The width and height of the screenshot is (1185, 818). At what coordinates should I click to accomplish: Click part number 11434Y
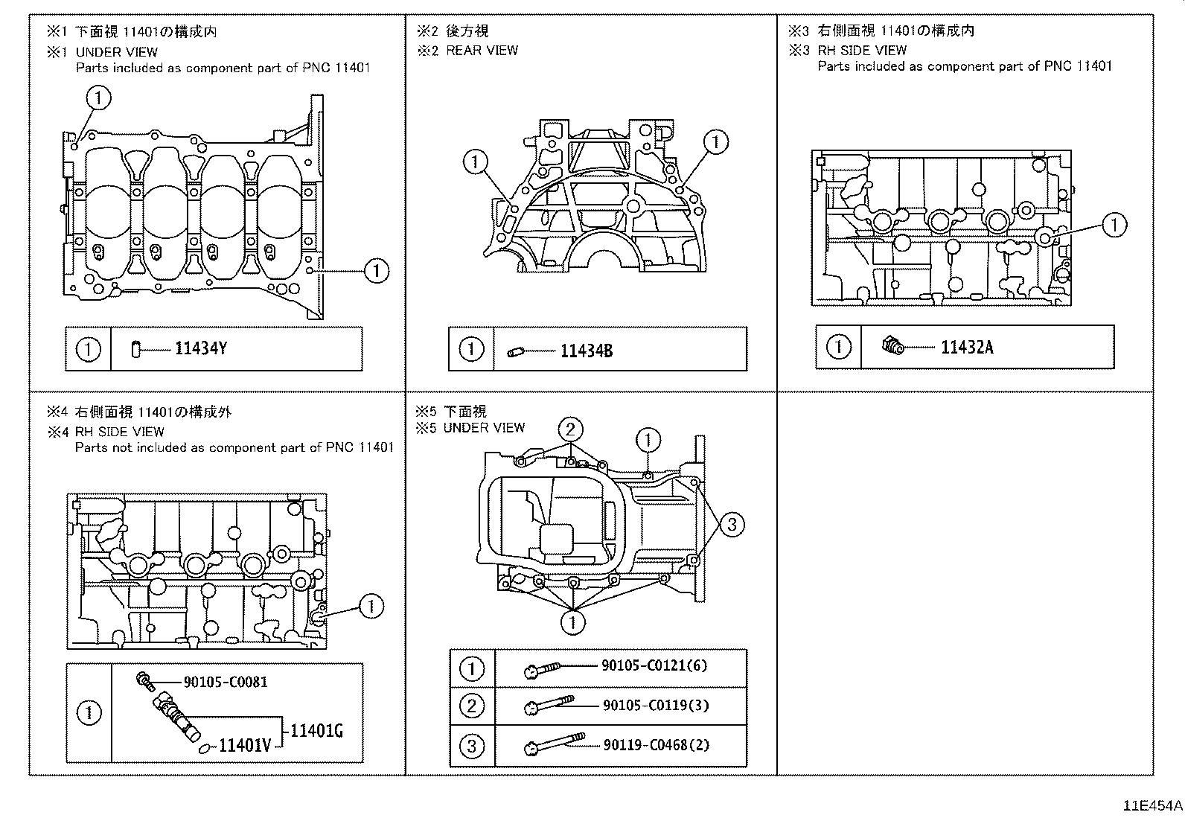pyautogui.click(x=200, y=348)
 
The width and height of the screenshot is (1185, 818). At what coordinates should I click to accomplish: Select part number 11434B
pyautogui.click(x=586, y=351)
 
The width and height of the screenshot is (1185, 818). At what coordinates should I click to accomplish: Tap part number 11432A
pyautogui.click(x=966, y=347)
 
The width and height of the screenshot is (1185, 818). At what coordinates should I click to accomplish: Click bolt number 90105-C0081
pyautogui.click(x=226, y=682)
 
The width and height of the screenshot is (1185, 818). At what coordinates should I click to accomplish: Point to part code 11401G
pyautogui.click(x=316, y=731)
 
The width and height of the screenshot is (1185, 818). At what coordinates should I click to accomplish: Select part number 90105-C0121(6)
pyautogui.click(x=654, y=665)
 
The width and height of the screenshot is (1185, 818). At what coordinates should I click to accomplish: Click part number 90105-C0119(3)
pyautogui.click(x=655, y=705)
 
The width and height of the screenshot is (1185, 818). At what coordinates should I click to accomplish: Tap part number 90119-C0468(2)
pyautogui.click(x=655, y=744)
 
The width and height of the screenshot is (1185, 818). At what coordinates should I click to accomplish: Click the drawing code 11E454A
pyautogui.click(x=1153, y=806)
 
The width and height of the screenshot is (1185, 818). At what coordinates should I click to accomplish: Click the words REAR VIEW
pyautogui.click(x=482, y=51)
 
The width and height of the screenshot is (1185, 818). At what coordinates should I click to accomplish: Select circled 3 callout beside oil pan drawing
pyautogui.click(x=732, y=525)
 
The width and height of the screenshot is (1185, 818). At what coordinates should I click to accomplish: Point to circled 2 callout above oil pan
pyautogui.click(x=570, y=429)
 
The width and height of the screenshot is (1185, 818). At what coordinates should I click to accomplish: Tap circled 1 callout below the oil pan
pyautogui.click(x=572, y=622)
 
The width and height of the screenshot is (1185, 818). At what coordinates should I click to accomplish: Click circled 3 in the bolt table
pyautogui.click(x=471, y=746)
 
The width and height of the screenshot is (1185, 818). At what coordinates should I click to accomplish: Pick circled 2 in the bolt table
pyautogui.click(x=471, y=706)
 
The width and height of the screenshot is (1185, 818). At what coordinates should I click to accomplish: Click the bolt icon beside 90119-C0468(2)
pyautogui.click(x=554, y=745)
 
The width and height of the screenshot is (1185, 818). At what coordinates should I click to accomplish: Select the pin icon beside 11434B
pyautogui.click(x=516, y=351)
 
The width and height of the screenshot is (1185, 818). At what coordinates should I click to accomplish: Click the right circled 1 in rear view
pyautogui.click(x=715, y=141)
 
